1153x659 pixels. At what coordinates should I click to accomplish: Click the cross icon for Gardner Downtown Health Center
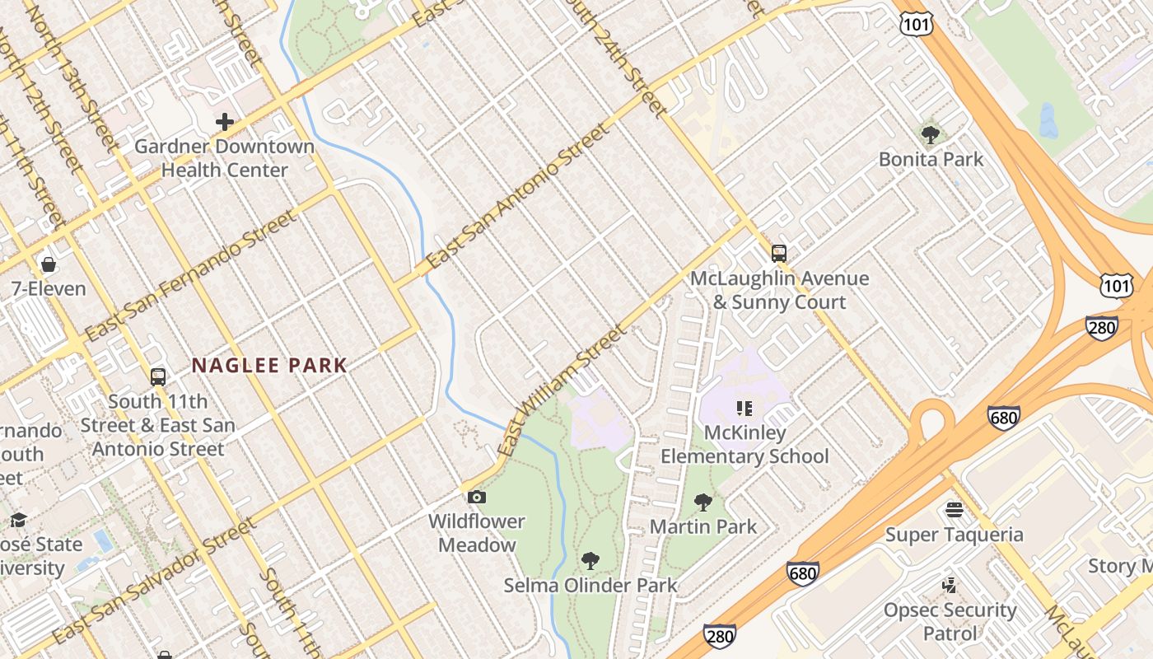click(224, 123)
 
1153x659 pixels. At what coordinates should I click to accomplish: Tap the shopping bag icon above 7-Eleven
click(49, 264)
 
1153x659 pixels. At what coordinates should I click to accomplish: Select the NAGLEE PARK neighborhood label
click(269, 366)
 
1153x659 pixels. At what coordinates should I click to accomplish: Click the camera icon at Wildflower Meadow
click(476, 497)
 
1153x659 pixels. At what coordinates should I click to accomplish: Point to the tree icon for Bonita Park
click(931, 134)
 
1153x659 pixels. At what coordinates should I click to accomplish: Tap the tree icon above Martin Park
click(703, 502)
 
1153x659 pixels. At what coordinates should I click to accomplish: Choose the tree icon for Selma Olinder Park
click(590, 561)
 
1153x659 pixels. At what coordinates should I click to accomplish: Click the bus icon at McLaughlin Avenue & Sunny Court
click(778, 254)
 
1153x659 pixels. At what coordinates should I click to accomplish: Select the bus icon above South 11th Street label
click(158, 377)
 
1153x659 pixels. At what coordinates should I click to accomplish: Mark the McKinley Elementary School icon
click(745, 408)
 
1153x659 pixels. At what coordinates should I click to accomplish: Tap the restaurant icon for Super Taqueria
click(954, 510)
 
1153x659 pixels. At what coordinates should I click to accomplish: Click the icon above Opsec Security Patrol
click(949, 586)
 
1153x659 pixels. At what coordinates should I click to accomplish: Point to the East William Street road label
click(562, 391)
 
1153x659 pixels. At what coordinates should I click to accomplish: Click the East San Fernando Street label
click(189, 276)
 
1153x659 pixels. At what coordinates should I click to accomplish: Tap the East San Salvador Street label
click(152, 582)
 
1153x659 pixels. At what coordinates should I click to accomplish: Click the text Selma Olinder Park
click(590, 586)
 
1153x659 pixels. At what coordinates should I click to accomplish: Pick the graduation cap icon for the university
click(18, 520)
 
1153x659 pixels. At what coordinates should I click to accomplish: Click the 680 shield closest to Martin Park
click(802, 573)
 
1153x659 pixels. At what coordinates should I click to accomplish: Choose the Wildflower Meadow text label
click(476, 533)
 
